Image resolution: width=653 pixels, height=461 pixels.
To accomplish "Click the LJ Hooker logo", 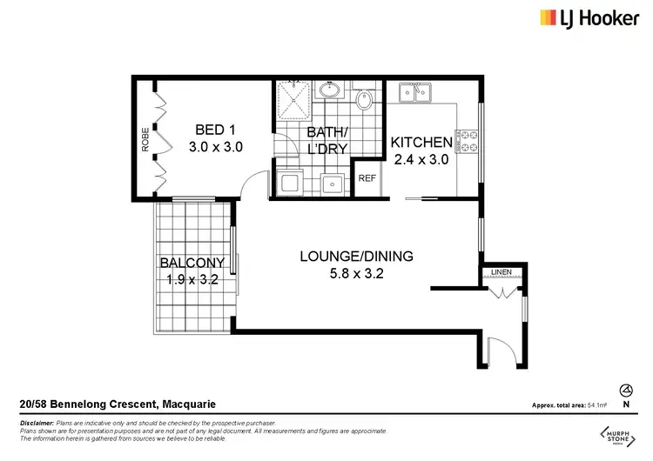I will tap(589, 18).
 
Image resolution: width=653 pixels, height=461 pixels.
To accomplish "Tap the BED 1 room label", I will tap(215, 130).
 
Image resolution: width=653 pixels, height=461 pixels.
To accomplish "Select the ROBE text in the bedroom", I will tap(145, 140).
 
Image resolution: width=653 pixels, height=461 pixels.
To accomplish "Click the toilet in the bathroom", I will tap(364, 102).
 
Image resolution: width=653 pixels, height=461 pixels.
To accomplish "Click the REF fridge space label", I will tap(367, 178).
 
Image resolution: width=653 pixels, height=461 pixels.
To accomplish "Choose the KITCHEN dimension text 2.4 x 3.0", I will tap(421, 159).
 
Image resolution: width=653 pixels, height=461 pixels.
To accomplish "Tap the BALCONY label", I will tap(192, 263).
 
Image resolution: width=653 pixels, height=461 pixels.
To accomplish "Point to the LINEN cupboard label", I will tap(501, 273).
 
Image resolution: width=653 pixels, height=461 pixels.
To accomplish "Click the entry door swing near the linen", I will tap(499, 351).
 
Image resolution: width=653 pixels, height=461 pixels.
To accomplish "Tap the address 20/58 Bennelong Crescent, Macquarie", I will tap(118, 404).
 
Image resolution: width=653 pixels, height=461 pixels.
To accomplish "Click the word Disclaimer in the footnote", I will tap(37, 421).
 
